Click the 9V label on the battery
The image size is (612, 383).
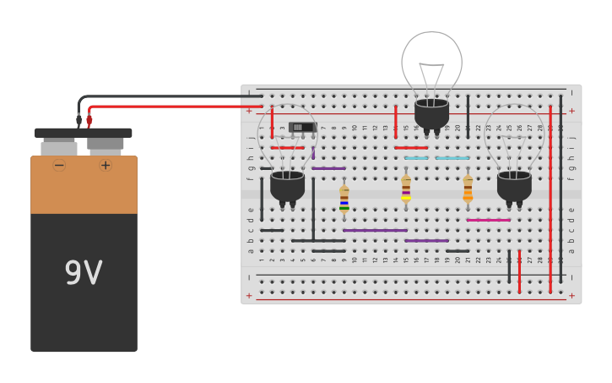(84, 273)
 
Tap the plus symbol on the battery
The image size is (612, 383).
(106, 166)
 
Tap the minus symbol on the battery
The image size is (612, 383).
(59, 166)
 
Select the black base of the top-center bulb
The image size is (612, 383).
(431, 113)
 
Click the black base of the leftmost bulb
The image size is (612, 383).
(287, 185)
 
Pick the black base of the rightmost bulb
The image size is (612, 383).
(514, 185)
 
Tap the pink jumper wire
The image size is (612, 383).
(488, 220)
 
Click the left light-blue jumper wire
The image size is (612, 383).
(415, 158)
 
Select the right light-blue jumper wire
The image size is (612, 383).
(452, 158)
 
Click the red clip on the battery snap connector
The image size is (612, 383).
(89, 120)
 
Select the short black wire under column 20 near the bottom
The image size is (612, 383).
(458, 251)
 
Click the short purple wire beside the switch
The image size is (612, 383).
(313, 152)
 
